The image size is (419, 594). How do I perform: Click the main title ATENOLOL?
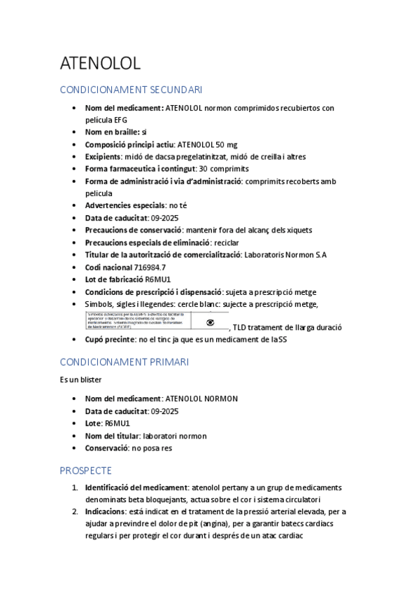(100, 63)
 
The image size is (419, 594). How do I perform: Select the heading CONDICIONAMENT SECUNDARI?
(131, 90)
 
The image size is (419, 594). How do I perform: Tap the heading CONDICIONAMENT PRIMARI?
(124, 361)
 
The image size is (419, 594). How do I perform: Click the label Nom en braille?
(112, 132)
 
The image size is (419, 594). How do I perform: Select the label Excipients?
(103, 156)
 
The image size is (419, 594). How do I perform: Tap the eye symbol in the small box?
(210, 322)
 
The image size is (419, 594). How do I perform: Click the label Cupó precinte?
(110, 340)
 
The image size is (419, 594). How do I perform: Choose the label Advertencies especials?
(125, 205)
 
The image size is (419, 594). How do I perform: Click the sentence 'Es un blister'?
(80, 380)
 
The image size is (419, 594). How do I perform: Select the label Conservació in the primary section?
(107, 448)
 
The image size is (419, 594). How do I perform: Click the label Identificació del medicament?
(135, 487)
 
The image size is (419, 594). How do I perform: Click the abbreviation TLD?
(241, 327)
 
